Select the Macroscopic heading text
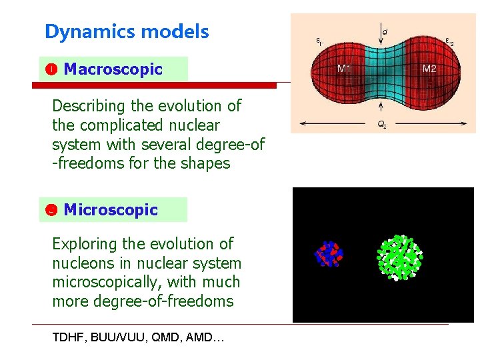click(x=113, y=69)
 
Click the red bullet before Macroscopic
click(x=50, y=69)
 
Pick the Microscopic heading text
click(x=111, y=210)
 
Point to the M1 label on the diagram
click(x=345, y=68)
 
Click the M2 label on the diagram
click(x=429, y=68)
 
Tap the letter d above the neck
click(x=385, y=31)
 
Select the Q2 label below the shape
click(x=381, y=123)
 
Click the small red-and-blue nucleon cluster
click(x=328, y=253)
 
